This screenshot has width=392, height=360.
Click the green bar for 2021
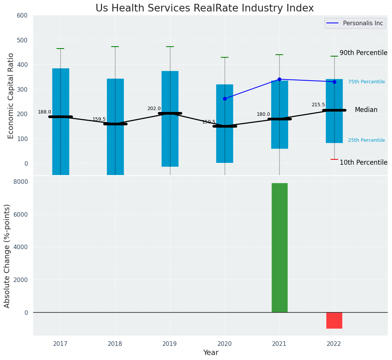pos(279,248)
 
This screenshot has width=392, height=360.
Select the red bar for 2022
pos(334,320)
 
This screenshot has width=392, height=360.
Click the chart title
pos(204,8)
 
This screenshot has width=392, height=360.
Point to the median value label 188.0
pos(44,112)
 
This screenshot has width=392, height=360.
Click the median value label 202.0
pos(154,109)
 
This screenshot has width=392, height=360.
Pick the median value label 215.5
pos(318,105)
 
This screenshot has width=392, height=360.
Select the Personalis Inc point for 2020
pos(225,99)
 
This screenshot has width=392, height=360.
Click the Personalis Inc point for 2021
pos(279,79)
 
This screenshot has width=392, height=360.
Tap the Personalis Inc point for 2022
pos(334,82)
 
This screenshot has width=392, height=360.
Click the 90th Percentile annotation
pos(363,53)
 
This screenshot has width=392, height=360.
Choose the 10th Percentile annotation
pos(363,162)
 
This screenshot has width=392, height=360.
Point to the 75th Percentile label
pos(366,82)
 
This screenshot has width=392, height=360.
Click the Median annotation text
pos(366,110)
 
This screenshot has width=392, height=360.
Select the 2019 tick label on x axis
pos(170,344)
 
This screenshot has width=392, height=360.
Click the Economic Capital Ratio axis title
pos(11,96)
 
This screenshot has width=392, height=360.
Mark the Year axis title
pos(211,353)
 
